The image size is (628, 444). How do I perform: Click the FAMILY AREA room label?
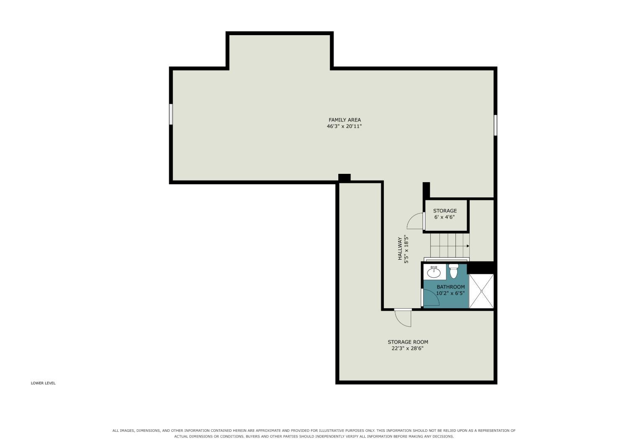point(345,120)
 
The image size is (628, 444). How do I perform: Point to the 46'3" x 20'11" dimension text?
point(344,126)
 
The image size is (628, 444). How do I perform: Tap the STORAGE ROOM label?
point(408,342)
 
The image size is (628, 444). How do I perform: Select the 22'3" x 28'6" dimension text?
point(407,348)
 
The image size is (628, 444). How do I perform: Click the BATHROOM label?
point(451,287)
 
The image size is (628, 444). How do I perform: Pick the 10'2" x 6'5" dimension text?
point(450,293)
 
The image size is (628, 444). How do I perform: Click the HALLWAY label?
point(400,248)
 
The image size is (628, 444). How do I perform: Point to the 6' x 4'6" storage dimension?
point(444,217)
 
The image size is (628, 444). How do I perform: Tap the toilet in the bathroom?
point(453,271)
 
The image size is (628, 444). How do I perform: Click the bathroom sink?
point(434,272)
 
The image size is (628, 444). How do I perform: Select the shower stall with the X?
point(481,291)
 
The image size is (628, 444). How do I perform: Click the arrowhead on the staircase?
point(468,246)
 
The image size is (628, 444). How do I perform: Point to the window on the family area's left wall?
point(171,114)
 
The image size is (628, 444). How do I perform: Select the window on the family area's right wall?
point(495,125)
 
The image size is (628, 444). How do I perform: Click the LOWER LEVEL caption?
point(43,383)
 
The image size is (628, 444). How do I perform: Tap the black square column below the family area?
point(344,178)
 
